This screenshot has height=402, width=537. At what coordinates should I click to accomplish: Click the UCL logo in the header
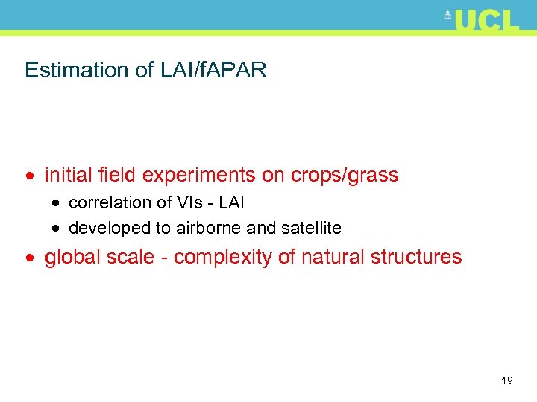click(x=483, y=20)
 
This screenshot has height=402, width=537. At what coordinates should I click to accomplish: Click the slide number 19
click(x=507, y=381)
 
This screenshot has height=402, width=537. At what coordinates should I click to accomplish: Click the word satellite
click(x=310, y=228)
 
